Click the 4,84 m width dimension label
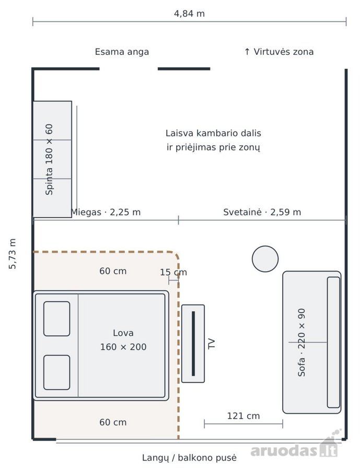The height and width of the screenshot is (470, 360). [x=189, y=14]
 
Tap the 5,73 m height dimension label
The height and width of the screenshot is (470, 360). [x=13, y=254]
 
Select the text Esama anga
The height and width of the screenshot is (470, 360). [x=122, y=52]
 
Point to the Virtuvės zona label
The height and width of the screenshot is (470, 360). [x=279, y=52]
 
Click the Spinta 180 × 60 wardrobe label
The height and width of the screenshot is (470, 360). [x=49, y=159]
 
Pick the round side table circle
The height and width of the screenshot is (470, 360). [x=265, y=259]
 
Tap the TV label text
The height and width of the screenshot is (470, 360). [x=212, y=344]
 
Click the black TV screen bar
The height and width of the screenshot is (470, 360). [x=193, y=344]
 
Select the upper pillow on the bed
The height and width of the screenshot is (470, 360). [x=57, y=319]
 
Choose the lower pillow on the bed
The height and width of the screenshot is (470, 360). [x=57, y=372]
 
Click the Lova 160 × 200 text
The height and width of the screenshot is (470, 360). [x=123, y=340]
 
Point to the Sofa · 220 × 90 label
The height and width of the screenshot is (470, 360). [x=301, y=343]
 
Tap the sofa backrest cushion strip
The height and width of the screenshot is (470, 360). [x=333, y=342]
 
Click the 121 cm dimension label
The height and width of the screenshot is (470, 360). [x=243, y=416]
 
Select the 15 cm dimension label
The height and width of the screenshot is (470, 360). [x=173, y=272]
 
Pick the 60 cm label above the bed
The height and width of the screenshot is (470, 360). [x=113, y=271]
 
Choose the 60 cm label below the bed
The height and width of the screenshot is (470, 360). [x=113, y=422]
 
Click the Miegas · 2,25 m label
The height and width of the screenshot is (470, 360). [x=106, y=212]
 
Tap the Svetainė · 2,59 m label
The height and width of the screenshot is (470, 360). [x=262, y=212]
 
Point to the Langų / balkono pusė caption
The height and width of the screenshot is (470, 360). [x=189, y=458]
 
